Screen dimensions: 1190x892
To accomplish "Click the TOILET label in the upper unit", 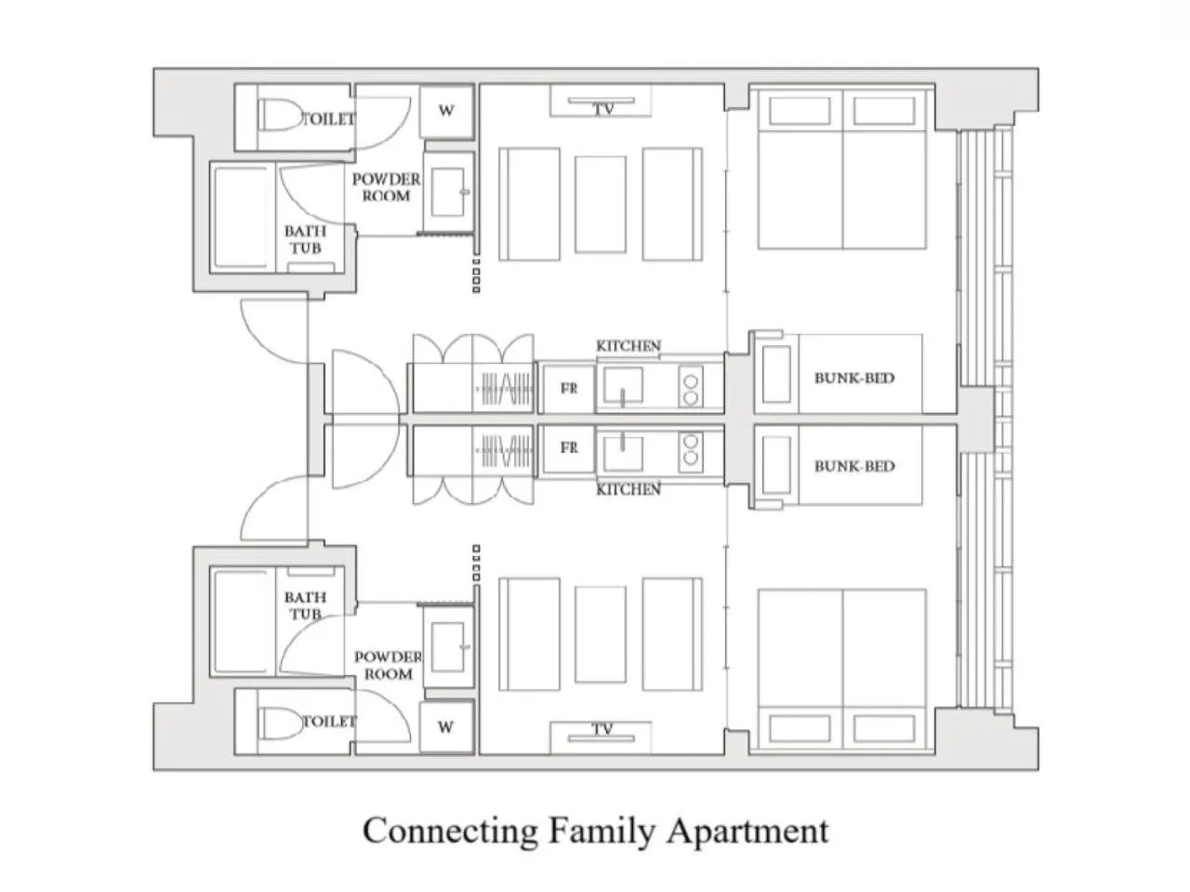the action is tap(328, 119).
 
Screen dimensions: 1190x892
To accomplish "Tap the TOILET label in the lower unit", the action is tap(329, 721).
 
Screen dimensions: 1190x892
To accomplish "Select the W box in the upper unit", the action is tap(447, 111).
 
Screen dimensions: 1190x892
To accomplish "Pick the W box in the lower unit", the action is tap(447, 726).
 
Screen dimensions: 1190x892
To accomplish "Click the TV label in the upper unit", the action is tap(602, 109).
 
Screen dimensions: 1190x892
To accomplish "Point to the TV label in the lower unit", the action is tap(602, 729).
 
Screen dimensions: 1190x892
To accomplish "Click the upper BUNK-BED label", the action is tap(854, 378).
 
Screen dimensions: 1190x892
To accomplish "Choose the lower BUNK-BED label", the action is tap(854, 466).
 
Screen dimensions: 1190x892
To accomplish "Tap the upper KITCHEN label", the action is tap(628, 346).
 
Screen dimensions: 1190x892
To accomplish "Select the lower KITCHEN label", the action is tap(628, 489).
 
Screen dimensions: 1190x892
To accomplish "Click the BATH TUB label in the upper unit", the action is tap(305, 240).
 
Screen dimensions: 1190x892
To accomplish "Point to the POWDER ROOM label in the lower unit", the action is tap(389, 665).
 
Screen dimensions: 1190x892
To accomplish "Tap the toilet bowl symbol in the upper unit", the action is tap(279, 115).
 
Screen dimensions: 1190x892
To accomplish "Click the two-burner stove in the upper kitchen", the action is tap(691, 388).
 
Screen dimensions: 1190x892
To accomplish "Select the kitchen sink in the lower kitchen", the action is tap(624, 451).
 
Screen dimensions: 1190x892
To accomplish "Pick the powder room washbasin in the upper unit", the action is tap(449, 192).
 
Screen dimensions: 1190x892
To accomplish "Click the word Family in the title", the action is tap(602, 831).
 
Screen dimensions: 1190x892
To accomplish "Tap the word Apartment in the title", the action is tap(748, 832).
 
